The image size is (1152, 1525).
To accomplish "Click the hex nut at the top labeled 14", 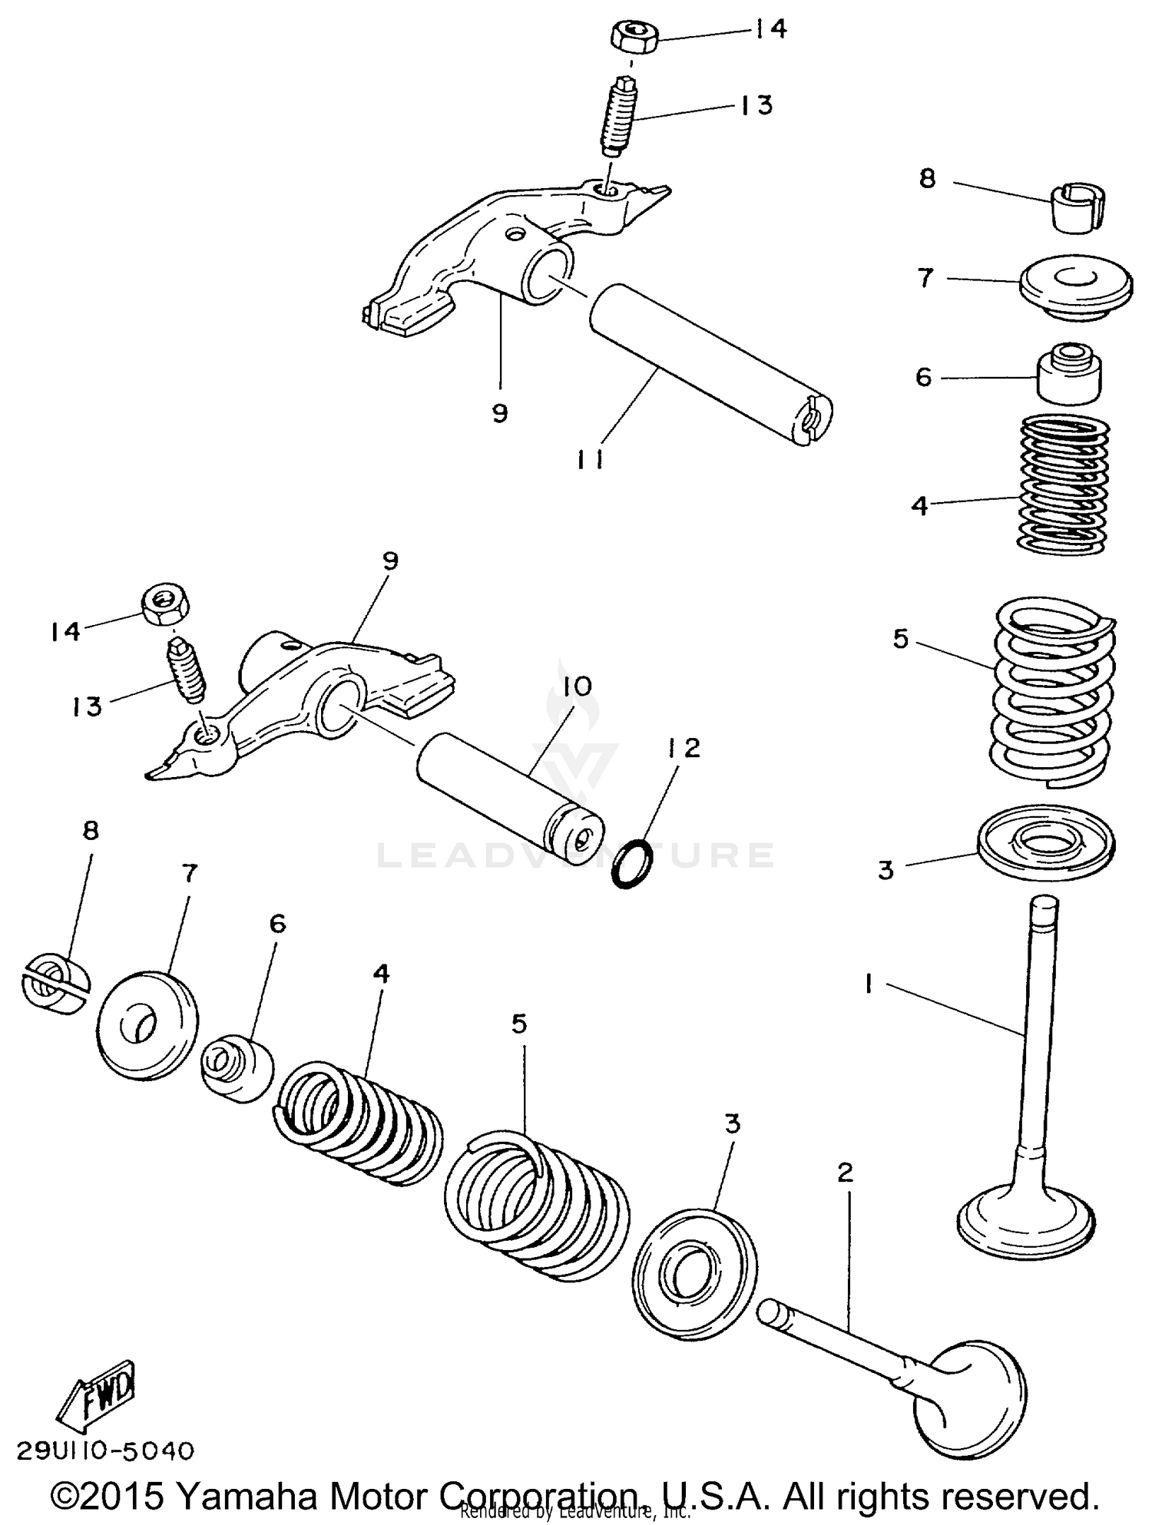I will (634, 37).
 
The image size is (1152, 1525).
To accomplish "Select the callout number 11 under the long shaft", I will (590, 460).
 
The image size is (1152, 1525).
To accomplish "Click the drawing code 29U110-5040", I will (105, 1451).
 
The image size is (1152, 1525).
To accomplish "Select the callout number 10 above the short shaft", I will (578, 686).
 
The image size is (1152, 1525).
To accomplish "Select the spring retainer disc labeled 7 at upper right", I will (1075, 286).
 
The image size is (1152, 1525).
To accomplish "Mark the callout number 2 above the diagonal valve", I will (845, 1173).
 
